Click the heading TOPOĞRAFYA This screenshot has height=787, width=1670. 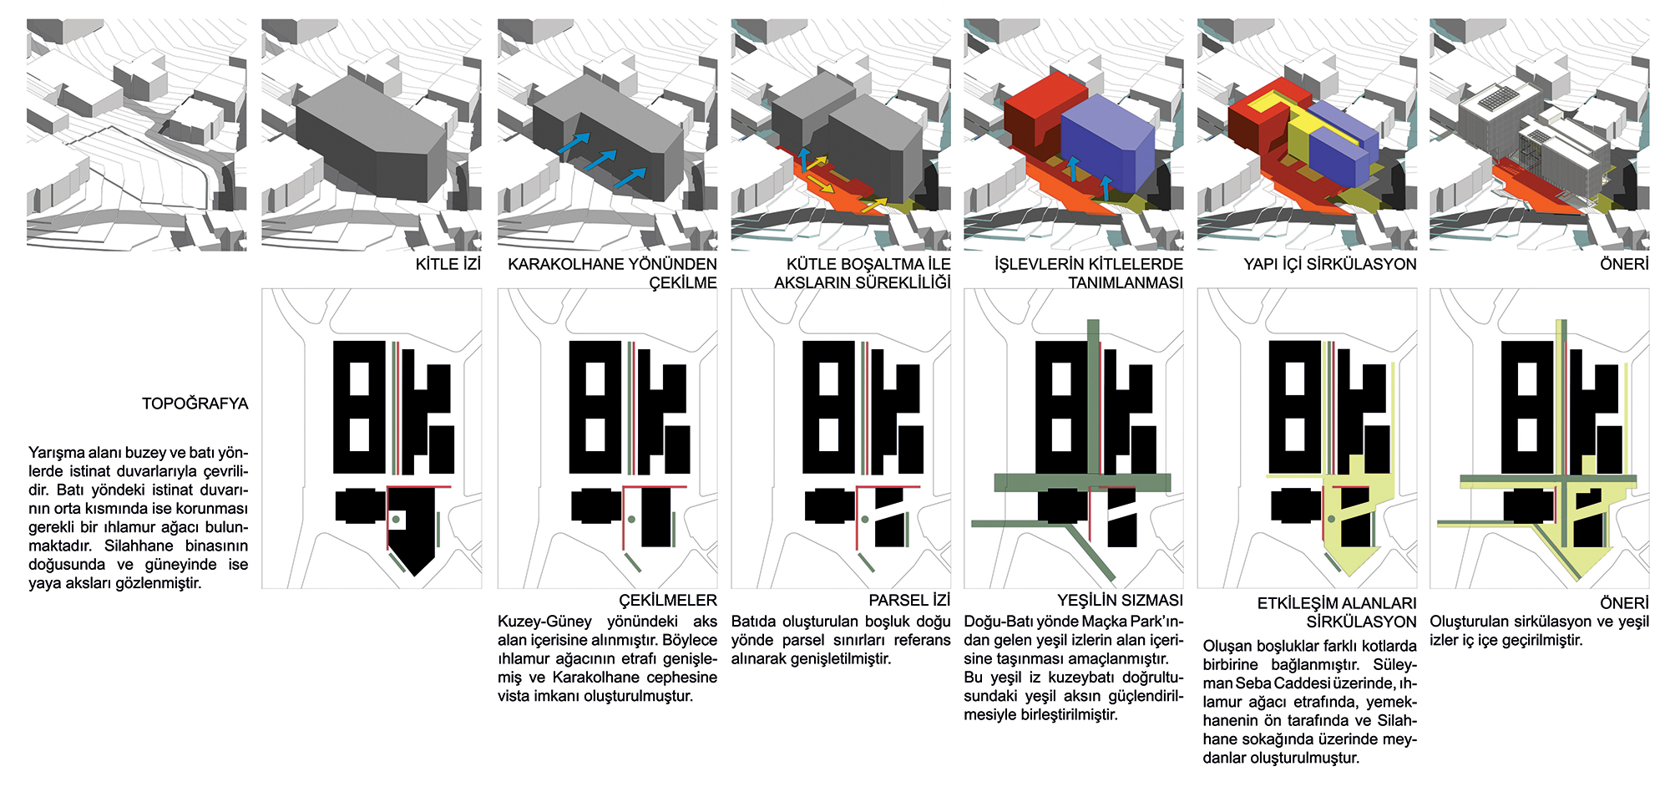click(195, 404)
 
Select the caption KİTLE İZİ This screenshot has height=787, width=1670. click(448, 264)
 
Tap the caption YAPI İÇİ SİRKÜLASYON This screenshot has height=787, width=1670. click(1329, 264)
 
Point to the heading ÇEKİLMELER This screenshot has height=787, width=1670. click(667, 600)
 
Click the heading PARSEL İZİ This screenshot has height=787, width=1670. click(909, 600)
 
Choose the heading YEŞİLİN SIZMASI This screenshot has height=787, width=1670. click(1120, 600)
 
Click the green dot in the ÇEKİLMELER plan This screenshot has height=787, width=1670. click(632, 520)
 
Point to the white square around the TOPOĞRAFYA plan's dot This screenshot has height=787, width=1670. click(397, 520)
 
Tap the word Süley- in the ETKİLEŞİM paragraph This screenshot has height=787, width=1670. click(1394, 665)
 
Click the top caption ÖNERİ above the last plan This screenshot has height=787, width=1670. click(1624, 264)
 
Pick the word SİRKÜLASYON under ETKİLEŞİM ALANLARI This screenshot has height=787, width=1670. click(1361, 622)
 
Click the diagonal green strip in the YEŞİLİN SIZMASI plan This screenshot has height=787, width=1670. click(1091, 552)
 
